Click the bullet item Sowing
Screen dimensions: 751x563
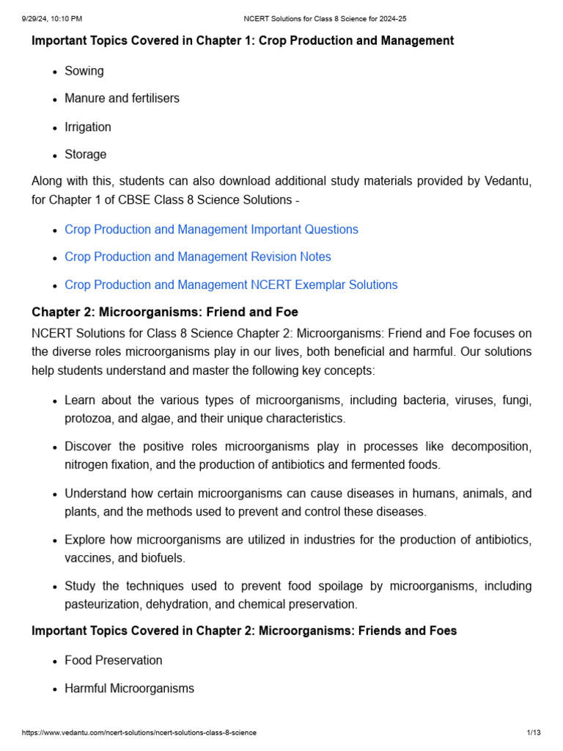coord(84,71)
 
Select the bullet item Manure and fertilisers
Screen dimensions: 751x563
coord(122,98)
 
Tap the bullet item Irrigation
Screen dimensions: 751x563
coord(88,127)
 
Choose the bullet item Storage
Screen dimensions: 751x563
coord(85,155)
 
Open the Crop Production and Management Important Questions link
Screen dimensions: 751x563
coord(211,230)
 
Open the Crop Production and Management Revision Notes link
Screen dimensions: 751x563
coord(197,257)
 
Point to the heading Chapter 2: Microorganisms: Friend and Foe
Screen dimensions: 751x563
coord(165,312)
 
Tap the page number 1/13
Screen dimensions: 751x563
coord(534,733)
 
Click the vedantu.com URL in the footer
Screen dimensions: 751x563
coord(139,733)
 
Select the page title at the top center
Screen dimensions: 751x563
coord(325,18)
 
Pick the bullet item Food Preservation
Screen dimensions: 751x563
coord(113,660)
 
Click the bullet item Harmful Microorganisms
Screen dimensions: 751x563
coord(129,689)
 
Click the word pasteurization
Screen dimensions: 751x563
coord(101,604)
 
